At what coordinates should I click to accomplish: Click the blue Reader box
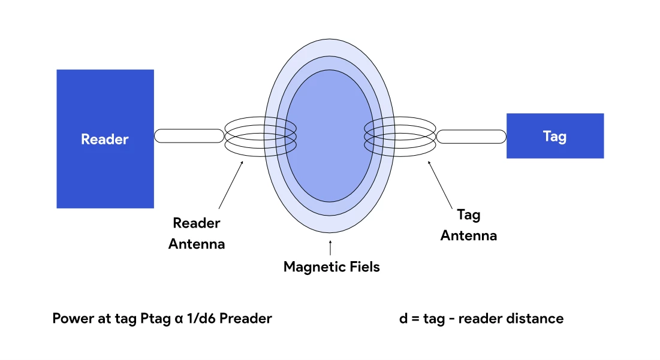(105, 174)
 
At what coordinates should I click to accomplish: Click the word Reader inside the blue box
(105, 139)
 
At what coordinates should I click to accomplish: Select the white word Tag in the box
(554, 136)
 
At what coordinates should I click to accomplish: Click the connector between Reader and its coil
(189, 136)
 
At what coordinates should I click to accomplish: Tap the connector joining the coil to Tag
(471, 137)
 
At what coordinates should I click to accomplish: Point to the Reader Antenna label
(197, 234)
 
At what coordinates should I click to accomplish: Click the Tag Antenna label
(469, 225)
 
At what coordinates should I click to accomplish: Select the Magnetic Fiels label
(331, 267)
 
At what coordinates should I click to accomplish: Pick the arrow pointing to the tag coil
(440, 183)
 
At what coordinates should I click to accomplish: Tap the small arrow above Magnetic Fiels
(330, 246)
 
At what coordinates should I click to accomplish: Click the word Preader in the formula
(245, 319)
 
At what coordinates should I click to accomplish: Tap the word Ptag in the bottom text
(155, 319)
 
